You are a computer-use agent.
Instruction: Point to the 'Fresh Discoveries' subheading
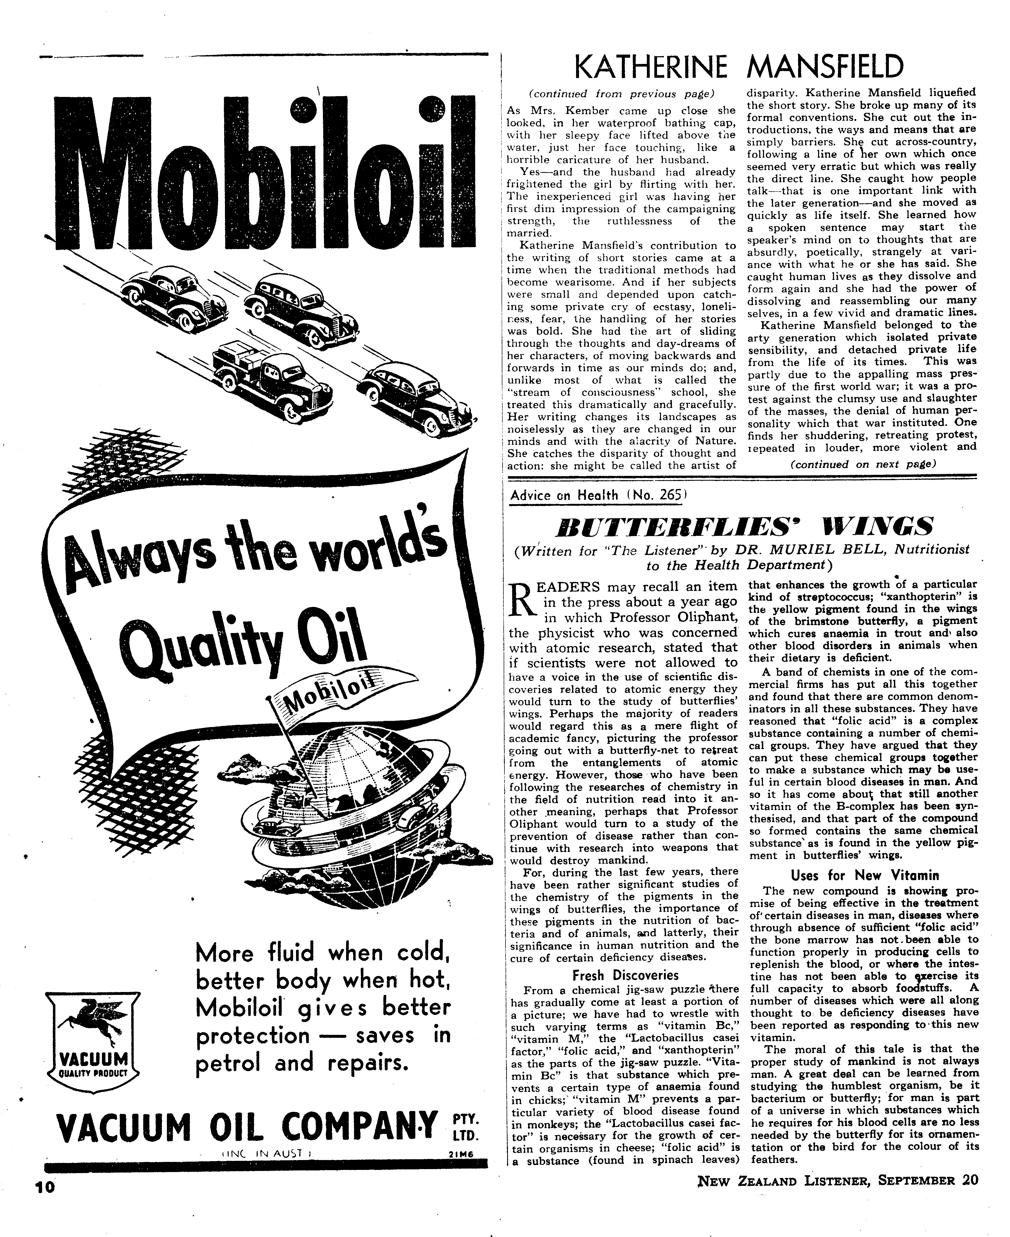tap(625, 975)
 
